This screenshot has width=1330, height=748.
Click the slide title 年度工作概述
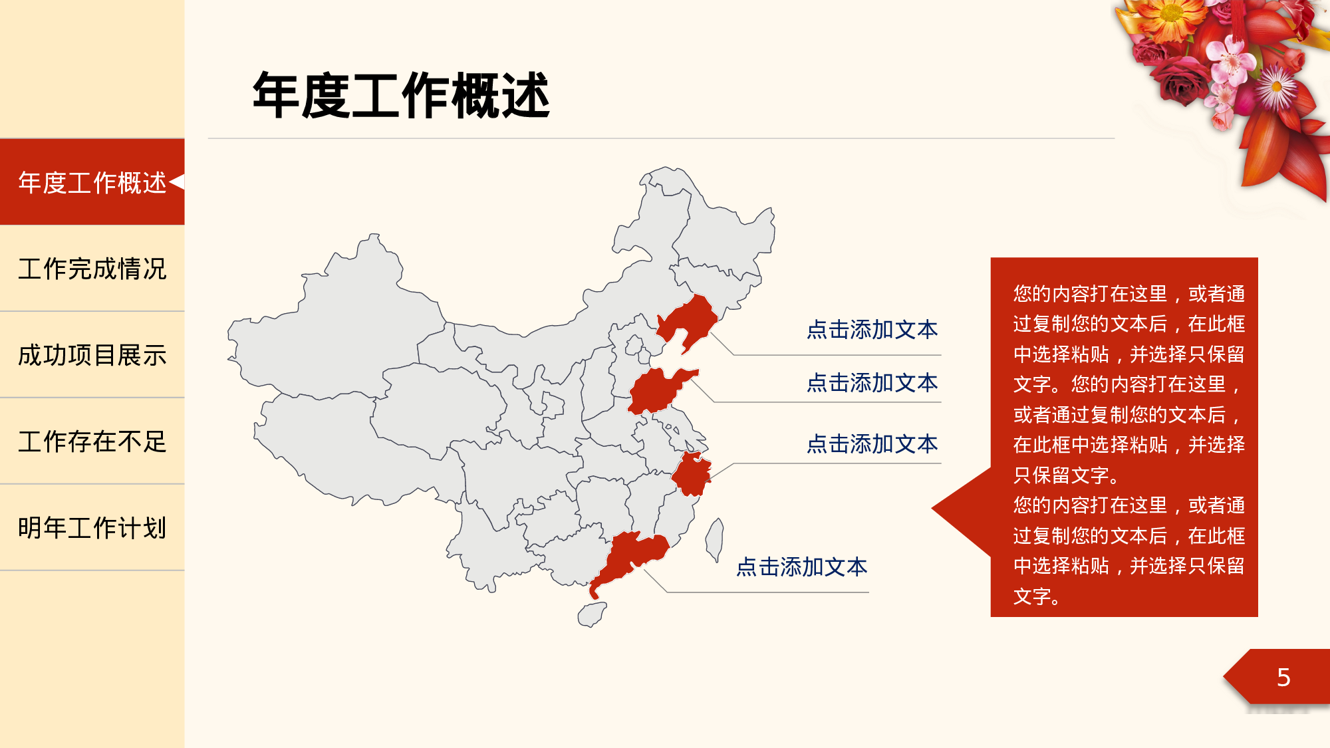[x=401, y=96]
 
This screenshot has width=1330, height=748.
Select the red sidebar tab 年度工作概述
[x=92, y=182]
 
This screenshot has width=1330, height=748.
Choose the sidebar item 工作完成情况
[x=92, y=269]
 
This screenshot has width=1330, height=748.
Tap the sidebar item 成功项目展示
[x=92, y=355]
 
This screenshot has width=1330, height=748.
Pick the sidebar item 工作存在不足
[x=92, y=441]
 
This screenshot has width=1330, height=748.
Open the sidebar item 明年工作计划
[x=92, y=528]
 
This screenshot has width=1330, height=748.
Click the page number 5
[x=1283, y=678]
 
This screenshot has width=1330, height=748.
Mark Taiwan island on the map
[x=715, y=539]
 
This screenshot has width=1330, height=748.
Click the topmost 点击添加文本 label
[x=872, y=330]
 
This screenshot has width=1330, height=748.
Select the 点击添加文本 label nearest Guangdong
[x=801, y=567]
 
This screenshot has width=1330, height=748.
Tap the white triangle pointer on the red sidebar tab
[x=177, y=182]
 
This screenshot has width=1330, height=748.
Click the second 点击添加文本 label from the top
[x=872, y=383]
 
